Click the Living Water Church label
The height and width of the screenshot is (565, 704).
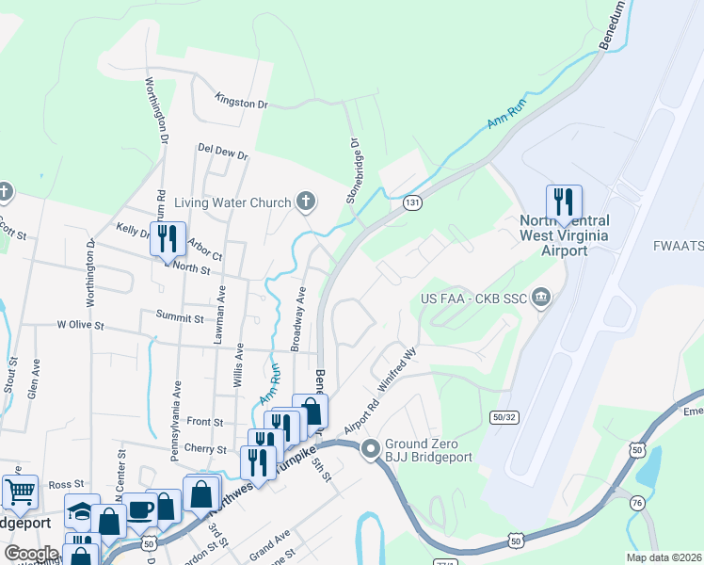[x=232, y=201]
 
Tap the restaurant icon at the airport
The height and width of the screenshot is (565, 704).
[x=564, y=202]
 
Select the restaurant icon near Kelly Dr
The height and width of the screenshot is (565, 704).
[x=168, y=239]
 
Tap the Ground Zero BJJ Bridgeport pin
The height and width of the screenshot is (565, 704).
[x=371, y=447]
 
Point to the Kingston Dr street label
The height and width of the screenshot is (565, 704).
[x=242, y=99]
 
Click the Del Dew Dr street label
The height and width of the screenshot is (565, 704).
[x=222, y=151]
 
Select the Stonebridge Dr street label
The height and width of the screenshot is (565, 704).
[x=354, y=172]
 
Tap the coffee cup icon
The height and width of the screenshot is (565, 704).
[x=141, y=508]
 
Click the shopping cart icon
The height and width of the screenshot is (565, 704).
[x=19, y=492]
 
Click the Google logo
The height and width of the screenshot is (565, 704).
[x=31, y=553]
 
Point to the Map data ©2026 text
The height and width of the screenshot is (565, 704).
[x=664, y=557]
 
